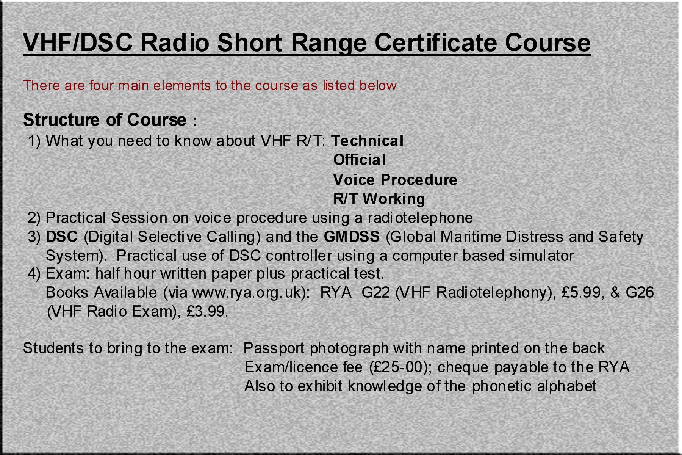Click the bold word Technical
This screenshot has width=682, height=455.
368,141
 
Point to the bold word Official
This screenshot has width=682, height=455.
360,160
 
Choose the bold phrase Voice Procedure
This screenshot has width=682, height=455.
395,180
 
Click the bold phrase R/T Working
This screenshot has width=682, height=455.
379,199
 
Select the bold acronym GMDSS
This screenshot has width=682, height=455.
352,237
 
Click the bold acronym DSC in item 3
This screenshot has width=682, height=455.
62,237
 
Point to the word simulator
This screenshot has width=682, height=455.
541,256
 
